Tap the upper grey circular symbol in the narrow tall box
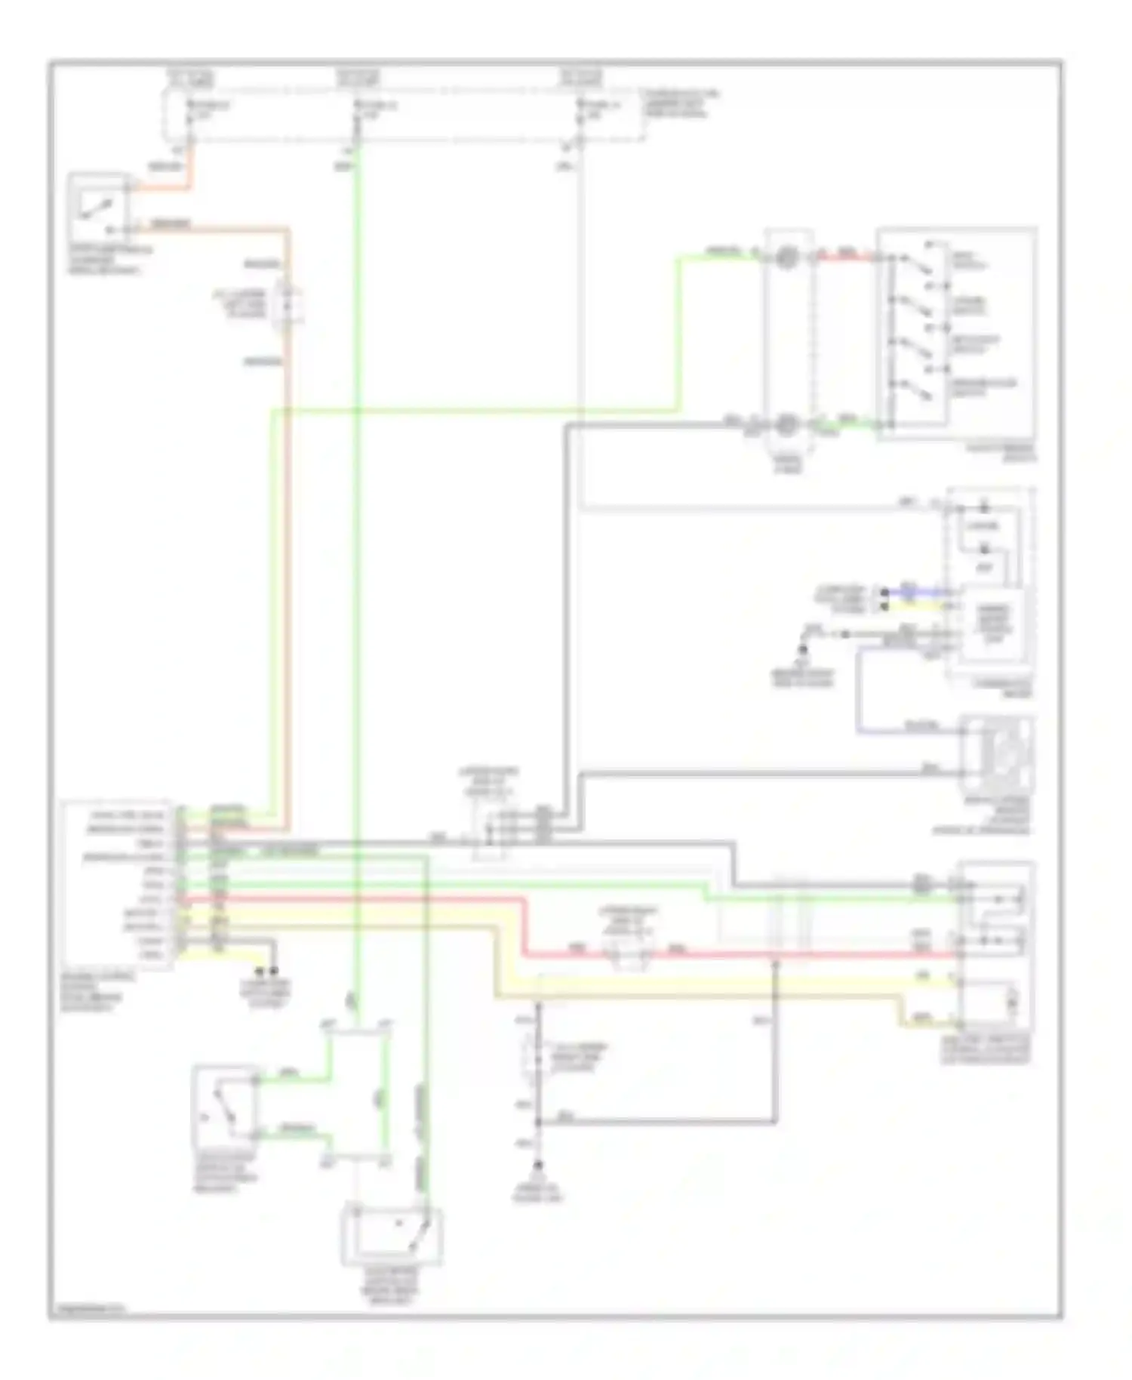point(787,258)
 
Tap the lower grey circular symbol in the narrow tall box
point(787,424)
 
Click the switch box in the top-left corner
point(98,206)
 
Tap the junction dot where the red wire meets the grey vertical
point(775,957)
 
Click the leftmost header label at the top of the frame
point(192,78)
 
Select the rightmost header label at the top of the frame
point(581,78)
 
